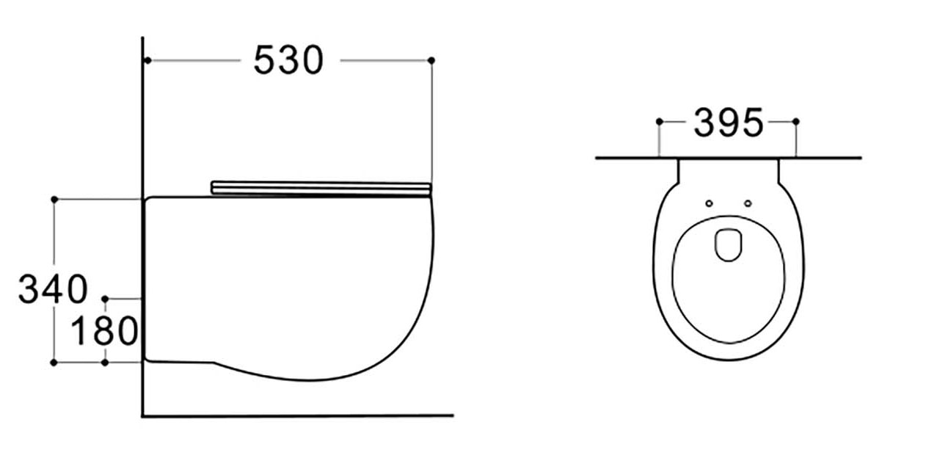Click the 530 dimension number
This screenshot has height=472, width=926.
tap(288, 60)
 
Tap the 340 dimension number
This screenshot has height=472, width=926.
tap(52, 289)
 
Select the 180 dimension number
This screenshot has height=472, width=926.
tap(104, 331)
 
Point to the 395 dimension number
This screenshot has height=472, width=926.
tap(728, 123)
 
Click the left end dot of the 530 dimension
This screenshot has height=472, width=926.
tap(147, 59)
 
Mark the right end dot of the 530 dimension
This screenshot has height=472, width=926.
tap(431, 59)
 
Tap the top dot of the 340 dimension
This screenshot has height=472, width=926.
tap(54, 199)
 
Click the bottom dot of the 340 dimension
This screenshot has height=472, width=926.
tap(54, 362)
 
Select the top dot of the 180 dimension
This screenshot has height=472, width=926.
tap(105, 299)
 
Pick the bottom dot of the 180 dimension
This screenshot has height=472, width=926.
tap(105, 362)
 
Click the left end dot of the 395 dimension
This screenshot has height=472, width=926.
tap(659, 121)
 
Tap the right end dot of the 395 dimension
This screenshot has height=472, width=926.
tap(796, 121)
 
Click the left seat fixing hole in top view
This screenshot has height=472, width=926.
tap(709, 203)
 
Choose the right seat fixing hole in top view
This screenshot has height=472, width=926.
tap(748, 203)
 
